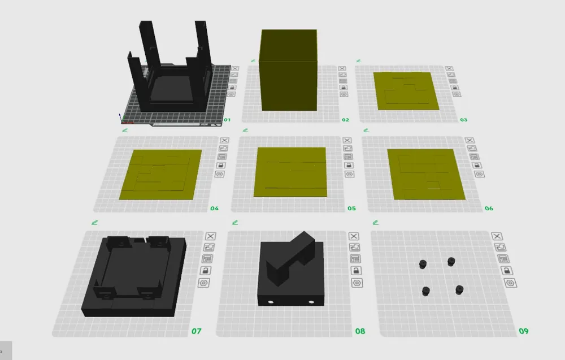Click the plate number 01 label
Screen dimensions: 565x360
(227, 120)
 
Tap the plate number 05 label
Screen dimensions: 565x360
(351, 209)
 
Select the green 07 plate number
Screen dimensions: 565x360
(197, 331)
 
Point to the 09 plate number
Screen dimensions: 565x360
(524, 331)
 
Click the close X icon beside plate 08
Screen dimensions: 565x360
(354, 236)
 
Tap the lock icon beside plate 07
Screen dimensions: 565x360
(206, 271)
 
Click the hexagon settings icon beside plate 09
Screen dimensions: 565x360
(510, 283)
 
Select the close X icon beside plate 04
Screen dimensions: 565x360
(224, 140)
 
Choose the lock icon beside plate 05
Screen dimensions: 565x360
(349, 166)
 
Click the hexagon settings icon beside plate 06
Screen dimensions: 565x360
(479, 174)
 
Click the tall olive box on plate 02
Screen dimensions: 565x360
(289, 70)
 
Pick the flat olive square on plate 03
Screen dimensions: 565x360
(406, 91)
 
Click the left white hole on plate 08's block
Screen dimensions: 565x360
(271, 302)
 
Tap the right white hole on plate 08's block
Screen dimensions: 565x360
(311, 302)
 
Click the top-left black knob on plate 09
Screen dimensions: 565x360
(423, 264)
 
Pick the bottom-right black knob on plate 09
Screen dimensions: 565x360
(459, 290)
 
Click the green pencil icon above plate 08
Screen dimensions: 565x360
(235, 223)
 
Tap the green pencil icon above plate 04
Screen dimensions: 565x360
(125, 130)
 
